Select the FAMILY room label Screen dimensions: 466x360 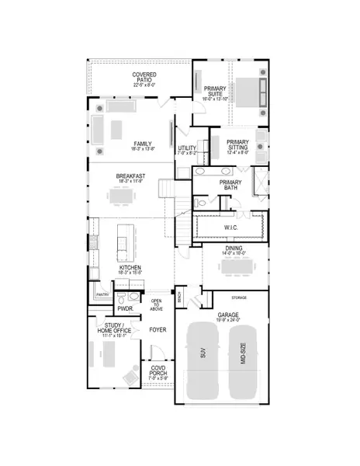(x=142, y=144)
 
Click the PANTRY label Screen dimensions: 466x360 (x=101, y=295)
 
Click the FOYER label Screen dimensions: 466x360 (x=158, y=329)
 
